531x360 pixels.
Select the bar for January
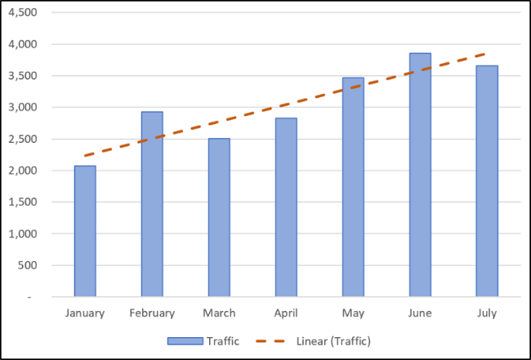click(85, 232)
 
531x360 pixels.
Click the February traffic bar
click(152, 204)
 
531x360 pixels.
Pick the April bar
click(286, 207)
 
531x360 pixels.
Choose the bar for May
click(353, 187)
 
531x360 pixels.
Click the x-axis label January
click(85, 313)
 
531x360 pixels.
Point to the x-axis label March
click(219, 313)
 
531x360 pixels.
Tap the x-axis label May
click(353, 313)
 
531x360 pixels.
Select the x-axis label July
click(487, 313)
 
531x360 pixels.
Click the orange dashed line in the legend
click(270, 340)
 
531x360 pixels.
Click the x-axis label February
click(152, 313)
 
